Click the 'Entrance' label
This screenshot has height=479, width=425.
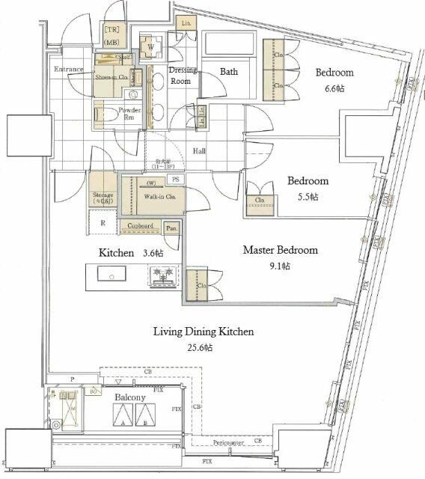click(x=68, y=70)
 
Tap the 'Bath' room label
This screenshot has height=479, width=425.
click(x=228, y=72)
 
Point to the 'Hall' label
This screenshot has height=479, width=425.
click(x=200, y=150)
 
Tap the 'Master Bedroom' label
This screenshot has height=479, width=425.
click(x=280, y=250)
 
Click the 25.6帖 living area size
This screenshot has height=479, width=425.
click(x=204, y=348)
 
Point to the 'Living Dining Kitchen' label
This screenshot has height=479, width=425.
click(x=204, y=332)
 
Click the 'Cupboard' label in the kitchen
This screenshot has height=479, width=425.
click(x=140, y=226)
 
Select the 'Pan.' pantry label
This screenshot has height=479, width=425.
click(x=172, y=228)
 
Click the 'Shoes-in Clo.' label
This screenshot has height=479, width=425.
click(x=110, y=76)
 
